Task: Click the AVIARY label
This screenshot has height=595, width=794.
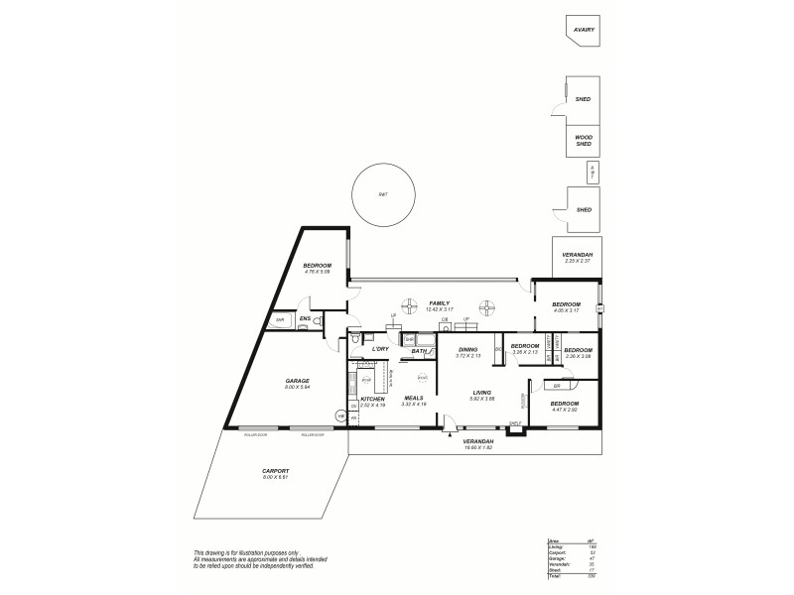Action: coord(584,30)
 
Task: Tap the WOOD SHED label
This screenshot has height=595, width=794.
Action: coord(584,141)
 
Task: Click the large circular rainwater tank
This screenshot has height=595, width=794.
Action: coord(383,194)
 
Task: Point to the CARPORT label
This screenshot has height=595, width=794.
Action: coord(276,472)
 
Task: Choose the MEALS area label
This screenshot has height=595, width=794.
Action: coord(413,399)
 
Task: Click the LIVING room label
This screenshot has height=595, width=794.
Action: coord(481,394)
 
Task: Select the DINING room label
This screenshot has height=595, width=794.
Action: coord(468,350)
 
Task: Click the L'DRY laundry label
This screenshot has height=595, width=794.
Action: coord(379,349)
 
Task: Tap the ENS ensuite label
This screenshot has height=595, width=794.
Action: coord(306,318)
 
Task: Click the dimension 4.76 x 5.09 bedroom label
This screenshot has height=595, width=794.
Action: coord(318,272)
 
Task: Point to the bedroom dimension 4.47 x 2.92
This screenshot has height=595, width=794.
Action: coord(565,409)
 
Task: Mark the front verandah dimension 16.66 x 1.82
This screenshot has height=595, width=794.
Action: coord(477,448)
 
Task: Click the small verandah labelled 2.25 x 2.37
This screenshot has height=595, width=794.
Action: coord(577,261)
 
